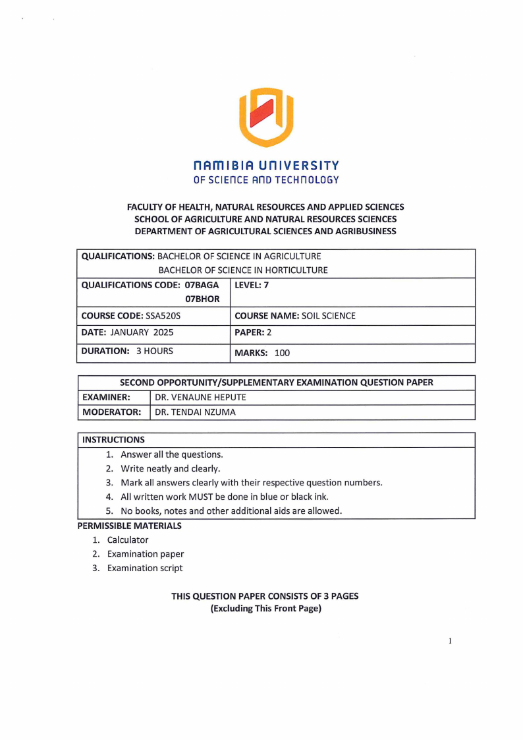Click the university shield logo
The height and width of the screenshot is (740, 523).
265,117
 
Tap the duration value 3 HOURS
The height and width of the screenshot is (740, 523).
155,351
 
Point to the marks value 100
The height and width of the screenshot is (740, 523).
282,353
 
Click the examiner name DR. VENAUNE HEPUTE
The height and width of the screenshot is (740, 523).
200,398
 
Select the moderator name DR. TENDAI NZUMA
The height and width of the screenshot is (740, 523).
195,412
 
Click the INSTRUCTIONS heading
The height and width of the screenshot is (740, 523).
113,439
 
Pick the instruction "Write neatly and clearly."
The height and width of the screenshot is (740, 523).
170,468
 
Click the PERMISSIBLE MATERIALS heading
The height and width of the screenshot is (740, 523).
129,526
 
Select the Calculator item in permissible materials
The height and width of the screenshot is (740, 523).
128,540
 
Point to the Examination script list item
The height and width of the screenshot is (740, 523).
145,568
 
